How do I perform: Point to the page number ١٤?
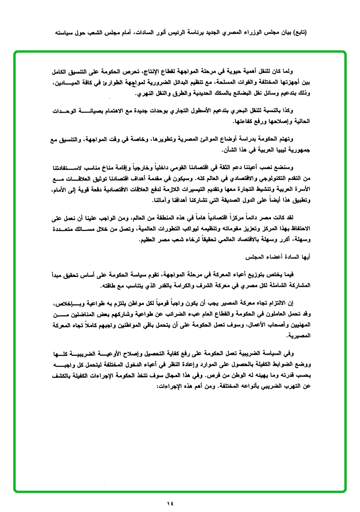tap(171, 503)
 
